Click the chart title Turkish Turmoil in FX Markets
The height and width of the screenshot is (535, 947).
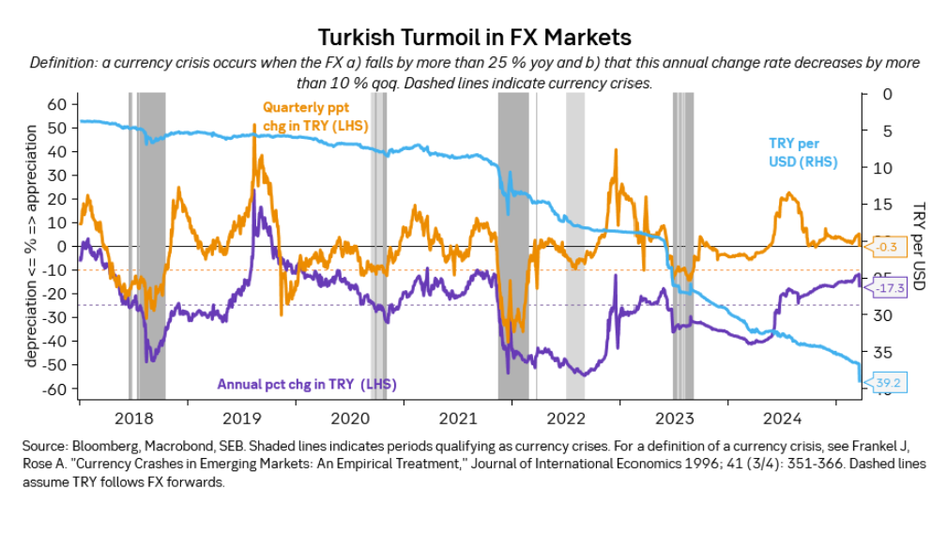[474, 37]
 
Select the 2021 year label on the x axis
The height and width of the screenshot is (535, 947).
[458, 418]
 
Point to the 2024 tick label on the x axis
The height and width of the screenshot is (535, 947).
[782, 418]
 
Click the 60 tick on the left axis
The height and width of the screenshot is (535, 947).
[57, 103]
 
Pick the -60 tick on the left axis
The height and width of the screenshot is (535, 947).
[54, 389]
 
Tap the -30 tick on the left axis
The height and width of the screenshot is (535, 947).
[54, 317]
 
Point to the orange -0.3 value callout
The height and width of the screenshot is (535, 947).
[890, 248]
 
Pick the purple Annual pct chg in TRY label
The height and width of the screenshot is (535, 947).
[306, 384]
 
